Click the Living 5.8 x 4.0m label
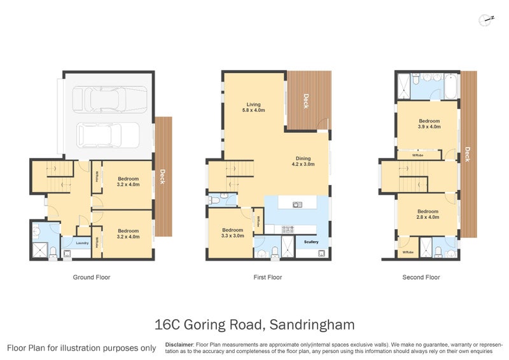click(x=254, y=107)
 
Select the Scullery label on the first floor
click(x=311, y=242)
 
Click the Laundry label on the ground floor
click(x=82, y=243)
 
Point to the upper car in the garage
click(x=104, y=99)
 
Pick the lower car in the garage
click(x=108, y=134)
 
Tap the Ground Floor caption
click(x=92, y=277)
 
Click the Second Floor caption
click(x=421, y=277)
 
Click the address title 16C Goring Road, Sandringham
click(x=254, y=325)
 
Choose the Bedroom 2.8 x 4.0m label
click(x=428, y=214)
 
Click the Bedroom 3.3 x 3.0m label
click(x=232, y=233)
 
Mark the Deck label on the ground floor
click(x=163, y=176)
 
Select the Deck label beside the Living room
click(x=306, y=101)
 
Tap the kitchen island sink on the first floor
click(x=296, y=204)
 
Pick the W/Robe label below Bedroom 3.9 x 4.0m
click(x=418, y=155)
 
